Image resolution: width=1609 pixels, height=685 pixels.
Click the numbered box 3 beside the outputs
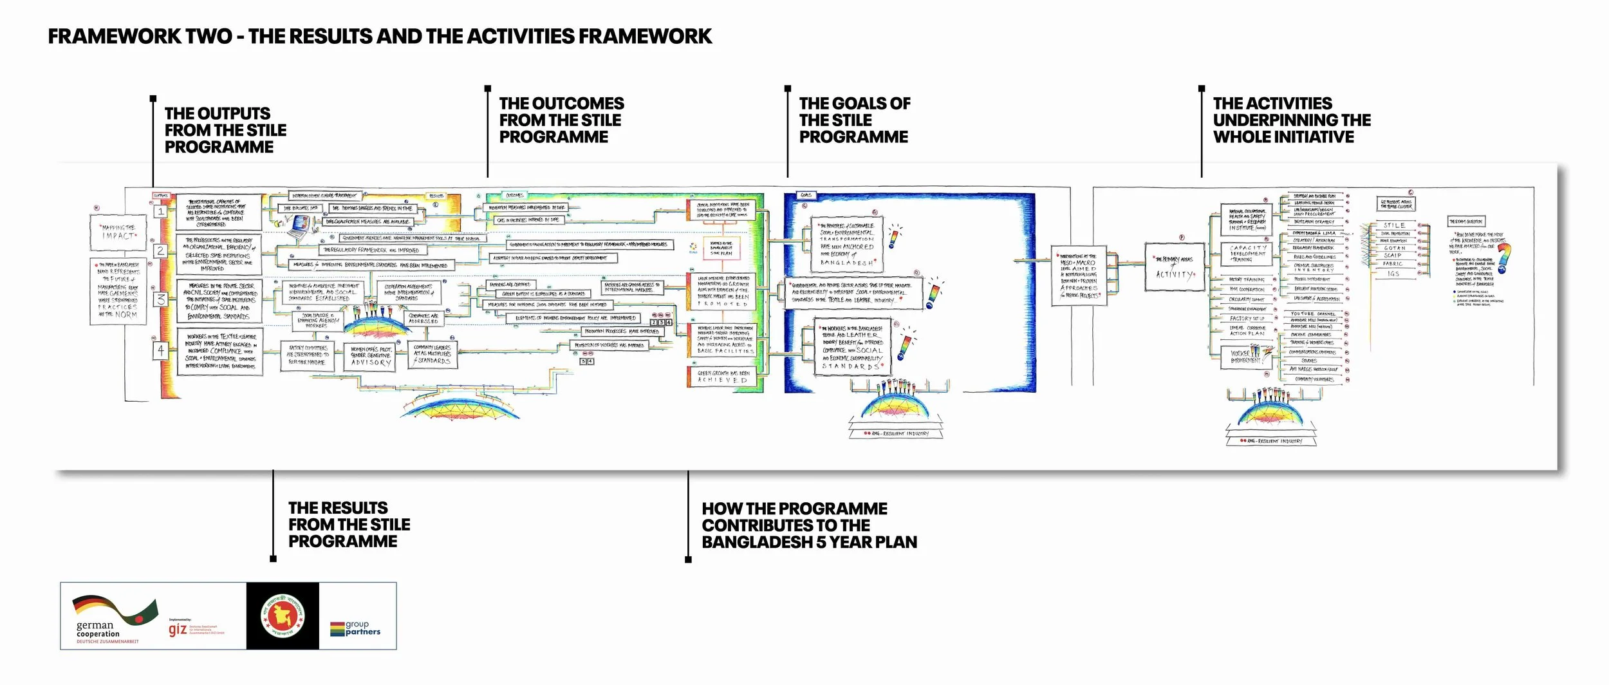click(x=161, y=299)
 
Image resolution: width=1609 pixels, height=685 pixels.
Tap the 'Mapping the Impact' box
click(x=118, y=232)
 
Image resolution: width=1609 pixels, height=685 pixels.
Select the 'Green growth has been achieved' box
click(x=723, y=377)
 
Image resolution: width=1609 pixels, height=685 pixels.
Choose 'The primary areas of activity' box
click(x=1175, y=267)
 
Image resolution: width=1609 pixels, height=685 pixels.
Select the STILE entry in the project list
click(x=1394, y=225)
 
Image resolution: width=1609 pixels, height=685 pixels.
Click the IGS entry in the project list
click(x=1393, y=274)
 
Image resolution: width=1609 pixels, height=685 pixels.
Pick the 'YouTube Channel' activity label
click(x=1312, y=314)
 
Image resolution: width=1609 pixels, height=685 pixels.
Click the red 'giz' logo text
click(x=178, y=629)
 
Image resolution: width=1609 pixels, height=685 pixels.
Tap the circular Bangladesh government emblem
click(x=283, y=616)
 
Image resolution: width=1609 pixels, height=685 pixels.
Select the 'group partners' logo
click(x=356, y=628)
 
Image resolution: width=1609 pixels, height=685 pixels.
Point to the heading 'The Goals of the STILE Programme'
click(x=854, y=120)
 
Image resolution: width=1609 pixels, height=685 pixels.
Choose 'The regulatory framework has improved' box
click(x=371, y=250)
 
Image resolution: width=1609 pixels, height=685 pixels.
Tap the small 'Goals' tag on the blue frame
click(x=806, y=195)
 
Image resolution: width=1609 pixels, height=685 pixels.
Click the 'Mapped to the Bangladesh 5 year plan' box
click(x=721, y=248)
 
